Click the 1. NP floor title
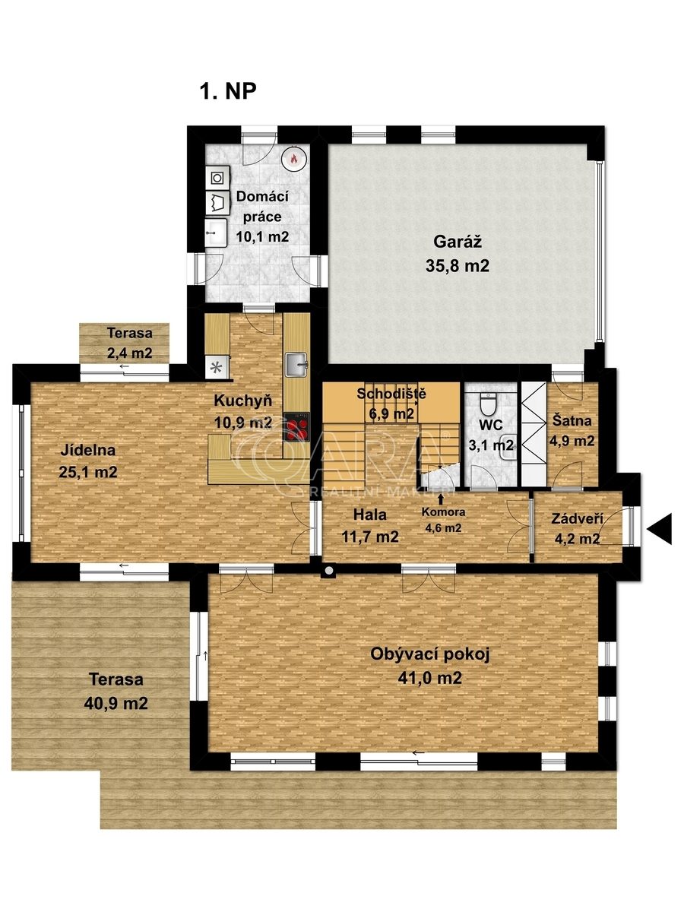coord(228,91)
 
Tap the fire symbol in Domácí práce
coord(293,158)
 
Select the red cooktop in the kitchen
coord(296,426)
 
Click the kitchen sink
coord(296,364)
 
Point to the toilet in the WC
coord(488,403)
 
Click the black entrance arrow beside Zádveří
coord(660,529)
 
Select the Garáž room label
coord(458,242)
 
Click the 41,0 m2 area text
coord(430,679)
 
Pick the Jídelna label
coord(88,450)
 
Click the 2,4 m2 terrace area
coord(129,353)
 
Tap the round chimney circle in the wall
coord(329,571)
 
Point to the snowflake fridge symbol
coord(216,367)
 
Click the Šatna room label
coord(572,420)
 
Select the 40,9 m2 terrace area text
coord(116,704)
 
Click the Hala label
coord(369,515)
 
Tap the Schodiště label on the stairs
coord(391,394)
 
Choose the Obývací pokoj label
coord(430,654)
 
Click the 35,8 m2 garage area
coord(458,266)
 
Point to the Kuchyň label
coord(243,401)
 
